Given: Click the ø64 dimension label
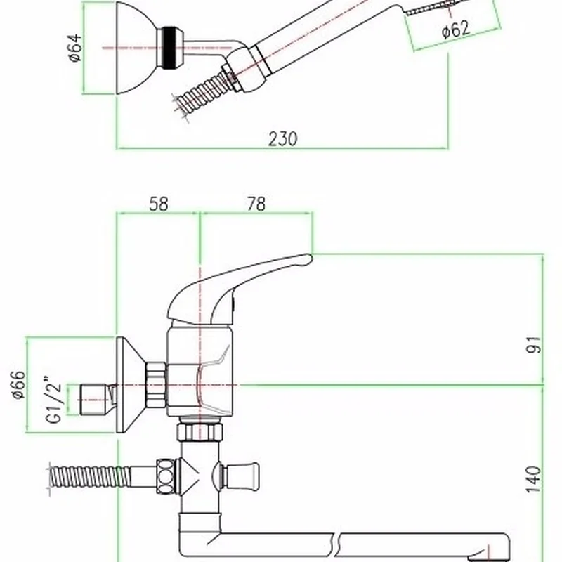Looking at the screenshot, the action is [76, 48].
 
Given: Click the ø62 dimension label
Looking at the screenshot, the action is [455, 29].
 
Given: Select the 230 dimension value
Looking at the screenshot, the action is [283, 138].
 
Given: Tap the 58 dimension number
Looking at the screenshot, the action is [159, 204].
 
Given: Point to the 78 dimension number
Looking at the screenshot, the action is [256, 204].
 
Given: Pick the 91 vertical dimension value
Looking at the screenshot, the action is [534, 344].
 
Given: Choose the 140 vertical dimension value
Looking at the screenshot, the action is [534, 479].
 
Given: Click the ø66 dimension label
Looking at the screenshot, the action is [18, 384].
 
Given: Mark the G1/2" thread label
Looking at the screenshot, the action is [54, 399].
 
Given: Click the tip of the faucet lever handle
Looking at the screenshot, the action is [311, 259].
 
